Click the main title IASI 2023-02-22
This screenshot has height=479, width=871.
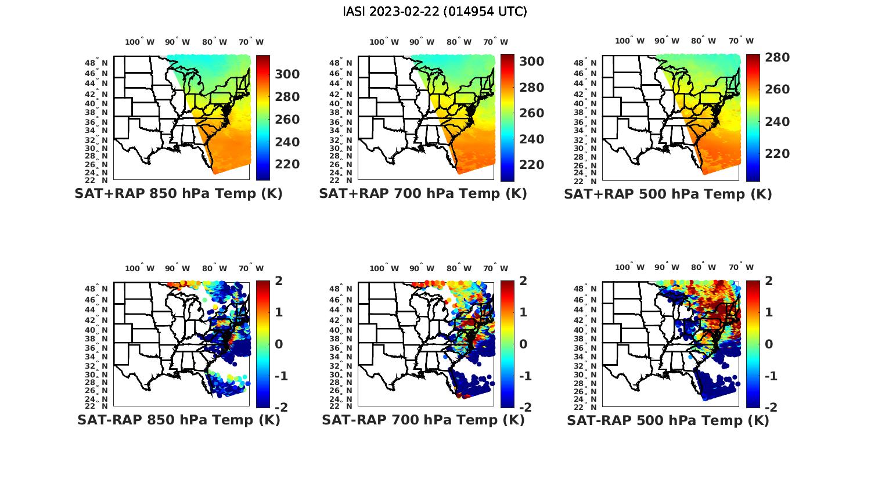coord(435,12)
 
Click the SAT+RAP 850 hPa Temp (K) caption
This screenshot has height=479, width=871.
coord(178,194)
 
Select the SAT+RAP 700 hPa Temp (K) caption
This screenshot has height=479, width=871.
coord(423,194)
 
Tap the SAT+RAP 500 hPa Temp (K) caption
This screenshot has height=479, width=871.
coord(668,194)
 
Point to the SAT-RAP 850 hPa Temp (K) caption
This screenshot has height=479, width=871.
coord(178,420)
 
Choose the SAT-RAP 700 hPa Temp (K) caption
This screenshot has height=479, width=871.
coord(423,420)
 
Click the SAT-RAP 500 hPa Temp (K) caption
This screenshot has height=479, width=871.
coord(668,420)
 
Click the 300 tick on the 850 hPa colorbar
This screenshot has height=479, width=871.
coord(287,74)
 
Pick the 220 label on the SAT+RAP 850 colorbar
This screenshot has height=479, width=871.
coord(287,165)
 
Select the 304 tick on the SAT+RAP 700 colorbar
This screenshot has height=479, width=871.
coord(532,62)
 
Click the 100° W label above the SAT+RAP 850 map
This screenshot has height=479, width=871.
coord(140,42)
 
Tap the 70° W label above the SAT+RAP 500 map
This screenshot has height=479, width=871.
coord(741,41)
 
